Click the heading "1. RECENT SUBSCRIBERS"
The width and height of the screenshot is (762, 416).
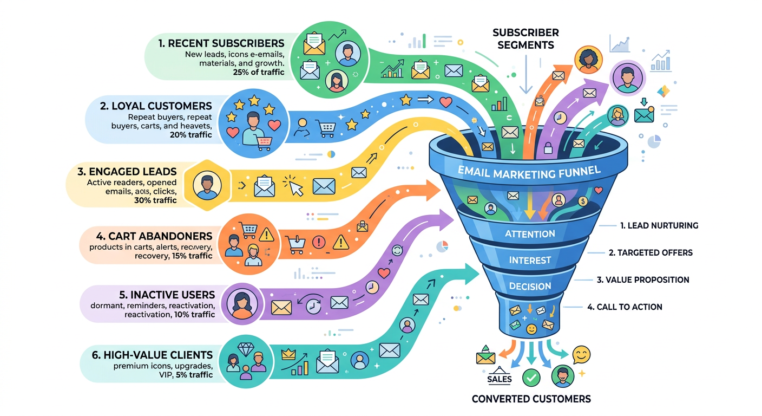[x=221, y=43]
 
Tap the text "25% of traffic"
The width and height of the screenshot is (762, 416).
[x=259, y=72]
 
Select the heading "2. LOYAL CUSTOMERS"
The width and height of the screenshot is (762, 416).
[x=156, y=106]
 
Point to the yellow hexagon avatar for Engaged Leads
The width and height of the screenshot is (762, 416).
[x=207, y=186]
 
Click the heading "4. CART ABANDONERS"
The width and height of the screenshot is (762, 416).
[x=154, y=236]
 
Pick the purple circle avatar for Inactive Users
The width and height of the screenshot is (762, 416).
[x=242, y=303]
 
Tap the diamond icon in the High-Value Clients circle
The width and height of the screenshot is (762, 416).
[x=246, y=349]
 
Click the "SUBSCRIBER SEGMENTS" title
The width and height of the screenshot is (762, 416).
[x=525, y=39]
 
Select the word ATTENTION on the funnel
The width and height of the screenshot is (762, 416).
[x=530, y=234]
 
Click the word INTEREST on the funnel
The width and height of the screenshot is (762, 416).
[x=530, y=261]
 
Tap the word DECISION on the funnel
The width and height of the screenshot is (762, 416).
[x=530, y=287]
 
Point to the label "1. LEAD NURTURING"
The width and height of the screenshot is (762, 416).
[x=659, y=225]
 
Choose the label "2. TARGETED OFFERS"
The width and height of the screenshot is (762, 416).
[x=651, y=252]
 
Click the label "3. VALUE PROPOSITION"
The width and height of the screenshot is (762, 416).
[x=643, y=280]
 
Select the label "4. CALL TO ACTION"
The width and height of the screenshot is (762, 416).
[x=625, y=307]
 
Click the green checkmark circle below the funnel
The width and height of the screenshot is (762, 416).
[x=531, y=378]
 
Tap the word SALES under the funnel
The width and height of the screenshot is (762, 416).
[x=500, y=379]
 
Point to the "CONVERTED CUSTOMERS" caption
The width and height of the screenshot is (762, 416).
[x=531, y=399]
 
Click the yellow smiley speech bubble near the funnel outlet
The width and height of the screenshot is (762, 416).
[x=581, y=355]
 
